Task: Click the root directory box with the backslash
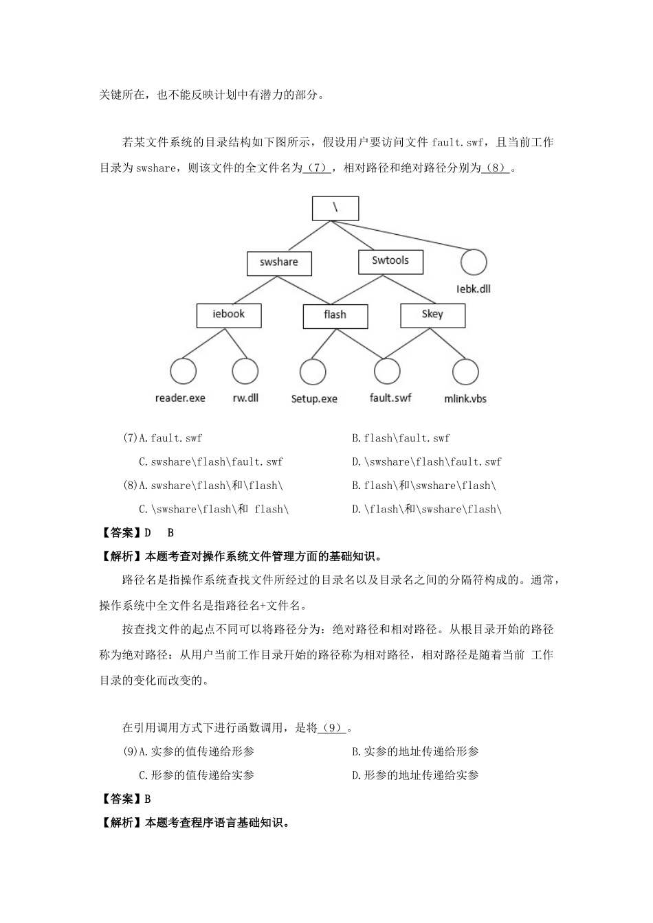(x=335, y=208)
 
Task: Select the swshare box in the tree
(x=279, y=263)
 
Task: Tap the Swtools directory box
(x=390, y=261)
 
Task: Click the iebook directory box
(x=228, y=315)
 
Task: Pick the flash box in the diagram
(x=335, y=315)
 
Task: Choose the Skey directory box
(x=432, y=315)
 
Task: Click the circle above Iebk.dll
(x=474, y=262)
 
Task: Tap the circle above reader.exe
(x=183, y=371)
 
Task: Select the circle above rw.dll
(x=245, y=371)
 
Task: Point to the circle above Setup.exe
(x=313, y=372)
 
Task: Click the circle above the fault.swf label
(x=387, y=371)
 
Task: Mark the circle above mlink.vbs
(x=465, y=372)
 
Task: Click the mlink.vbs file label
(x=465, y=398)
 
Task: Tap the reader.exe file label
(x=180, y=398)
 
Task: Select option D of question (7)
(x=426, y=462)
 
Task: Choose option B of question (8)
(x=423, y=486)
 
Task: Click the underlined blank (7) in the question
(x=318, y=168)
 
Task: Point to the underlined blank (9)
(x=333, y=728)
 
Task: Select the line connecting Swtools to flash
(x=356, y=289)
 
